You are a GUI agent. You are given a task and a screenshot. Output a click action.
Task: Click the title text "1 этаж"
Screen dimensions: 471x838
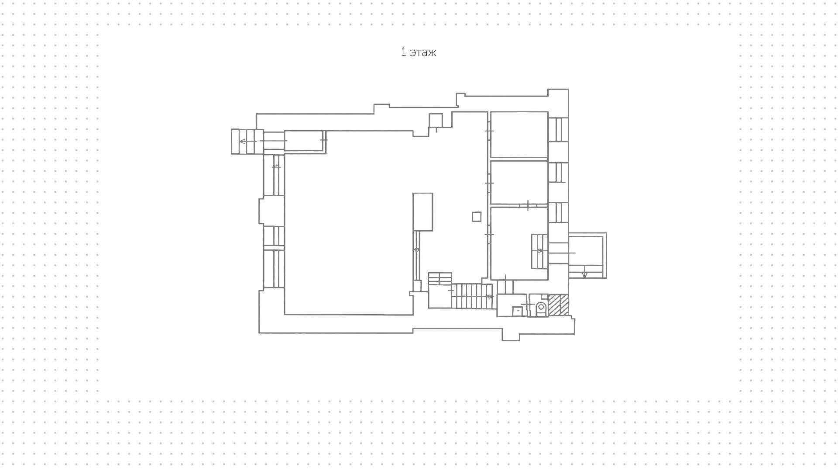[418, 52]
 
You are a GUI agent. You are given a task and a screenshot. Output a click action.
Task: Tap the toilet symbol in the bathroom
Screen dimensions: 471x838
[541, 307]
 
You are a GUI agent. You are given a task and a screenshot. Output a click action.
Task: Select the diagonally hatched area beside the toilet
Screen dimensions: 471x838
[558, 305]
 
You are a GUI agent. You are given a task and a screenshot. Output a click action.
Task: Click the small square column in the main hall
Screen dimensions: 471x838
[477, 216]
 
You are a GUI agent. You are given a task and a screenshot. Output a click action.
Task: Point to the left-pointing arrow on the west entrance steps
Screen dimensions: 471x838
[243, 141]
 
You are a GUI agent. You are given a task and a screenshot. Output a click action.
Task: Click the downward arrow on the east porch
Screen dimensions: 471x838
[585, 274]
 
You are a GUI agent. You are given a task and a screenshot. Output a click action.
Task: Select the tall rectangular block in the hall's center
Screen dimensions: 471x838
[422, 212]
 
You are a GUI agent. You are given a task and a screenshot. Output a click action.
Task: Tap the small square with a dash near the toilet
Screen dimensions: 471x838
[517, 311]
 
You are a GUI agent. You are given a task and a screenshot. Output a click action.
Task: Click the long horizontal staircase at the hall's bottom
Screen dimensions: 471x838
[471, 296]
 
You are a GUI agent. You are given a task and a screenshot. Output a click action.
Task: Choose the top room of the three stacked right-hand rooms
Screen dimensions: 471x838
[519, 134]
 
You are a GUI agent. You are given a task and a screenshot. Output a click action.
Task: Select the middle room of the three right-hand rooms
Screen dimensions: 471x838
[519, 182]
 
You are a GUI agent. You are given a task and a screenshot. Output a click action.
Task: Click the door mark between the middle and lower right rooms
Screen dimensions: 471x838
[528, 205]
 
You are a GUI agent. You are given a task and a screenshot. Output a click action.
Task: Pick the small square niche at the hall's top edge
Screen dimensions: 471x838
[436, 120]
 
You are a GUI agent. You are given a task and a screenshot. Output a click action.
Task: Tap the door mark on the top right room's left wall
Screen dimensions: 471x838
[489, 131]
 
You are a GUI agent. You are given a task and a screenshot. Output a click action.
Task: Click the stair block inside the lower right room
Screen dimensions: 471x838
[539, 251]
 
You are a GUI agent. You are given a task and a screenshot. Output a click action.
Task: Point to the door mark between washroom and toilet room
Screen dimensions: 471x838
[528, 304]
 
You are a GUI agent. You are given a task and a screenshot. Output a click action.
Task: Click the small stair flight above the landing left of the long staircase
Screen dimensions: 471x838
[440, 278]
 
